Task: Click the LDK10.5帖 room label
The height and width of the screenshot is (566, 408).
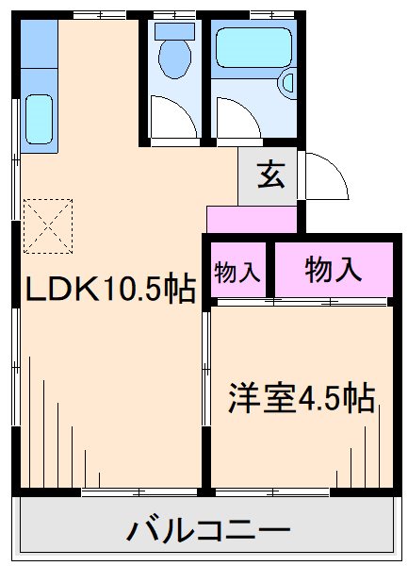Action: (x=109, y=289)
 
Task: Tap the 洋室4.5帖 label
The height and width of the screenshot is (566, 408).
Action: (x=301, y=398)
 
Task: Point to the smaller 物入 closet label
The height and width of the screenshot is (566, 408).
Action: (x=237, y=273)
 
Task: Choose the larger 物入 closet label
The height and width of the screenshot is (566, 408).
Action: (x=334, y=269)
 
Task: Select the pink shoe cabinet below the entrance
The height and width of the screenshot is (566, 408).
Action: (x=252, y=219)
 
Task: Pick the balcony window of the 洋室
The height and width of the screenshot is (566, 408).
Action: (x=273, y=491)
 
